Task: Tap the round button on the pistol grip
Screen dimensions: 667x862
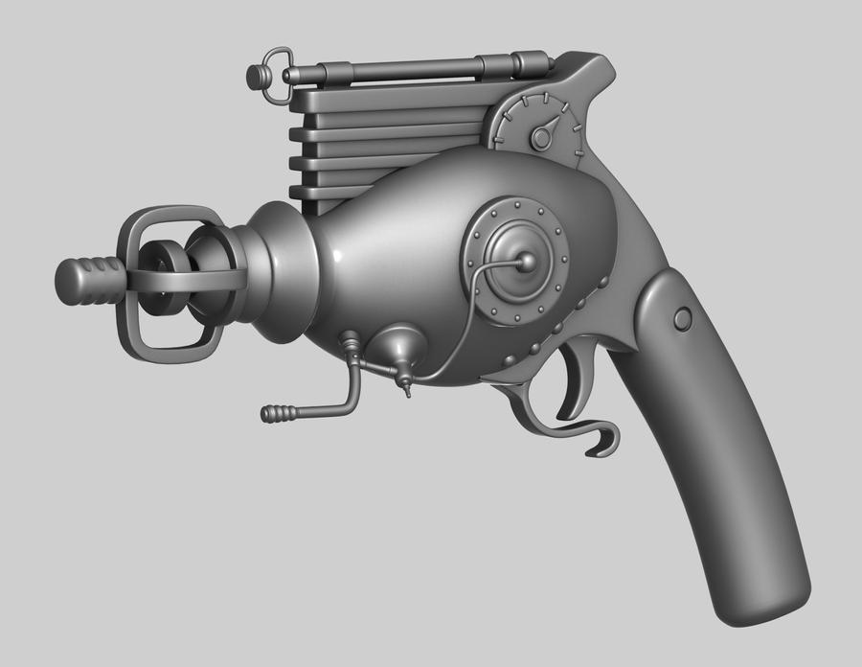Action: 682,319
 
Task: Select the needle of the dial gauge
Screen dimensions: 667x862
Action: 547,132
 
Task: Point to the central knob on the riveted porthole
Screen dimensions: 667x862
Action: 526,261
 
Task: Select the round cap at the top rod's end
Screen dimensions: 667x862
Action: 256,77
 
